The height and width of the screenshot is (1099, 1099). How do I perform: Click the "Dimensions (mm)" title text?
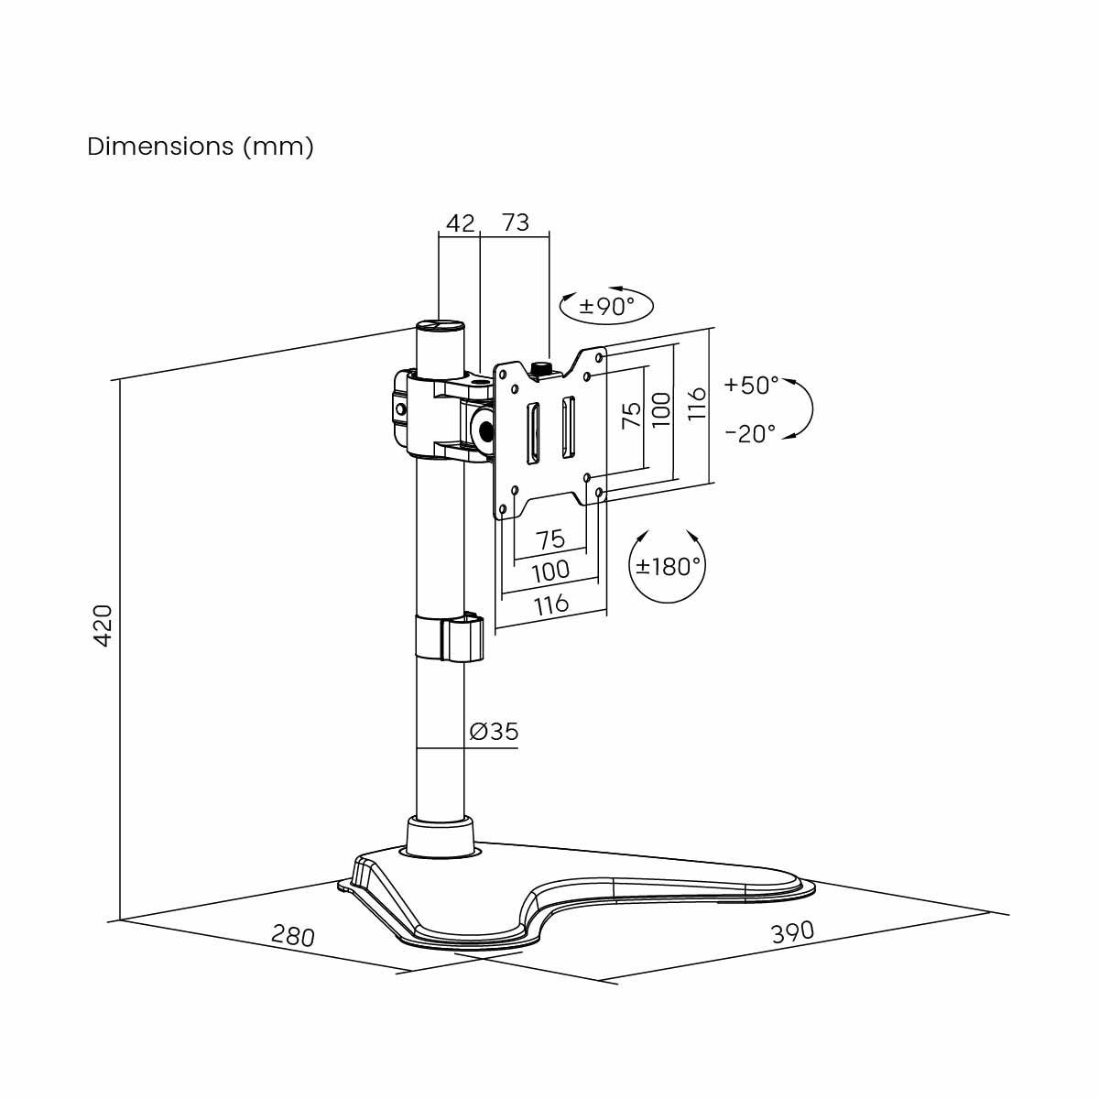(201, 147)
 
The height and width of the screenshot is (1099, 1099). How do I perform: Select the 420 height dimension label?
(103, 626)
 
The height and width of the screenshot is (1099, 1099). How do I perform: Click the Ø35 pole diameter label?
(494, 731)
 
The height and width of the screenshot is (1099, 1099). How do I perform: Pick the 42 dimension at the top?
(461, 223)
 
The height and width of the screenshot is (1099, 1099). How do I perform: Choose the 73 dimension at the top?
(516, 223)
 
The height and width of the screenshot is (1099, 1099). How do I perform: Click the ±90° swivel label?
(607, 307)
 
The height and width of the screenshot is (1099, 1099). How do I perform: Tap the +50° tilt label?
(751, 385)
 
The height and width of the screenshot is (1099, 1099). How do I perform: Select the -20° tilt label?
(750, 433)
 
